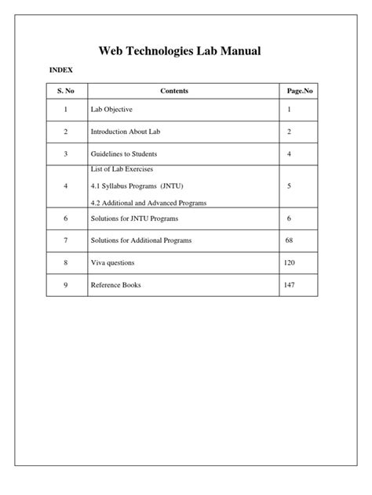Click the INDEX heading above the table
pos(60,70)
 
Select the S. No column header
pos(66,92)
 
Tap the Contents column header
pos(174,92)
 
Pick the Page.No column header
pos(300,92)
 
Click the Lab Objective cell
pos(117,110)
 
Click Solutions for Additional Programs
pos(141,240)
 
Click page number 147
pos(290,284)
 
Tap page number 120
pos(290,262)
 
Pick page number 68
pos(289,240)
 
